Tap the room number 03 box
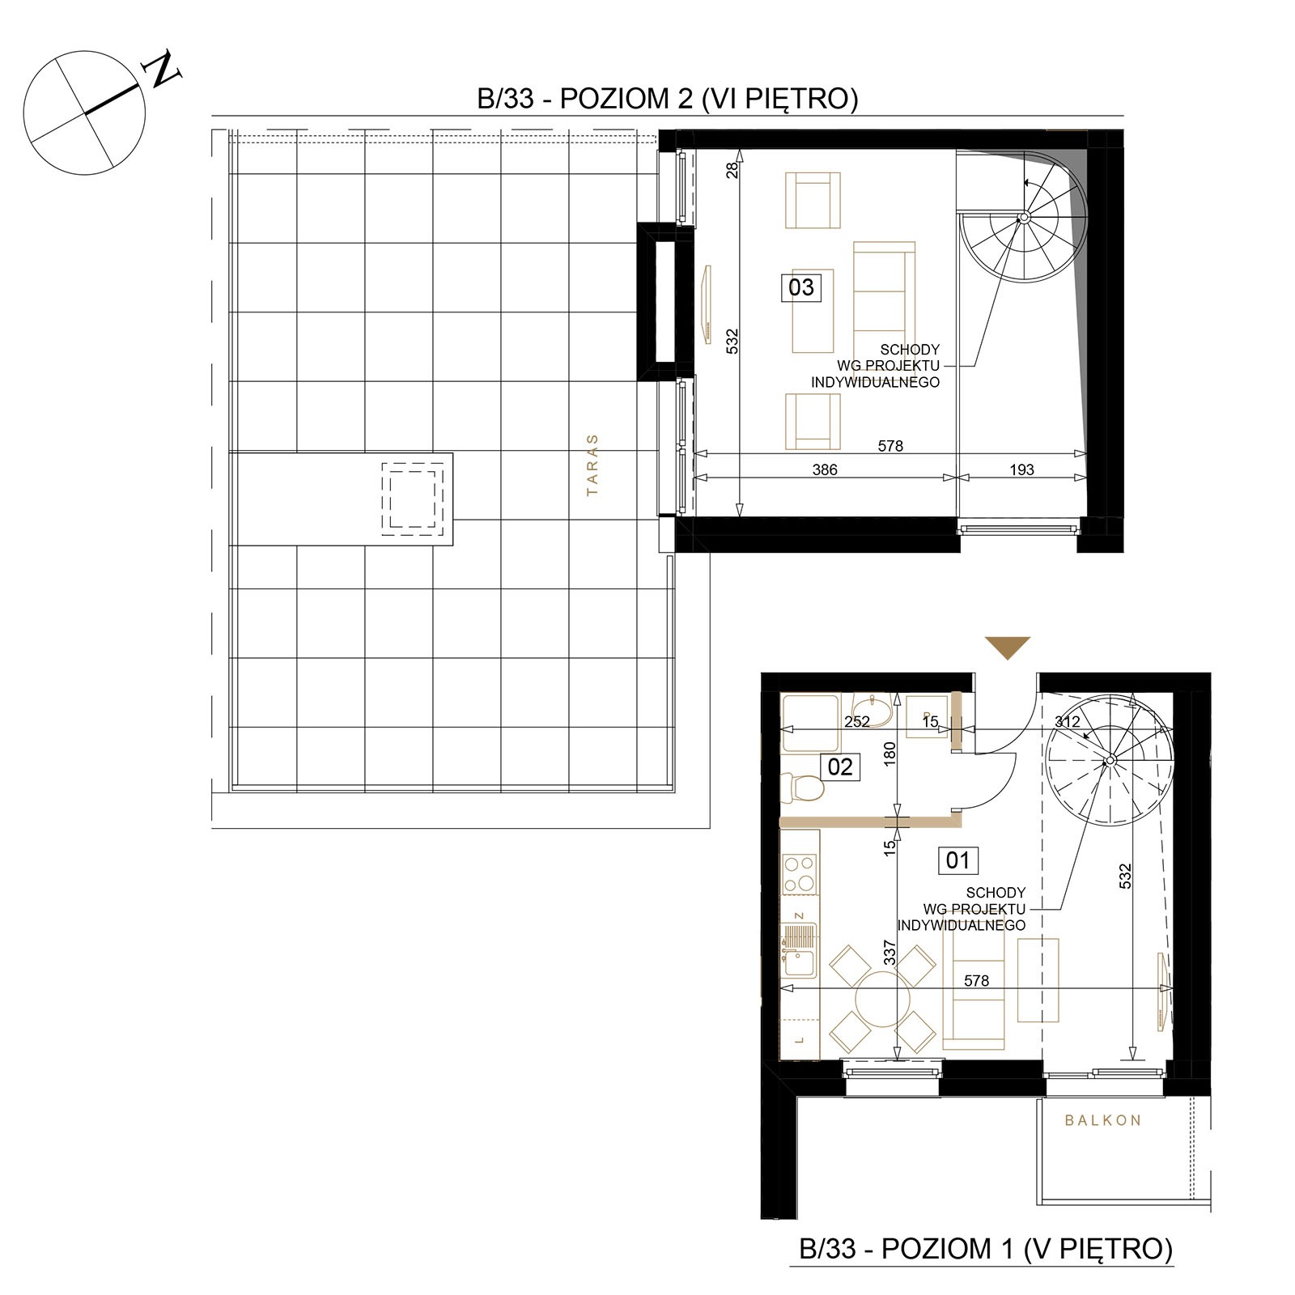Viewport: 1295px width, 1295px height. pos(800,287)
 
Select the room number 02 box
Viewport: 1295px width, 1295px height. pos(840,766)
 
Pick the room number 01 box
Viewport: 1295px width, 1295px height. pos(957,860)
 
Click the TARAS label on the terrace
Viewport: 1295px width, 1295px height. pos(592,465)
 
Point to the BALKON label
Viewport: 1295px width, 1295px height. pos(1102,1120)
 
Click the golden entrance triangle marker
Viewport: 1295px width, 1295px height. pos(1008,647)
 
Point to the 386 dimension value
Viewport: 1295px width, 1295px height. pos(824,469)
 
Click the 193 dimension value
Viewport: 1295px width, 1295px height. pos(1021,469)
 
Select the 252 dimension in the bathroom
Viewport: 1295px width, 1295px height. pos(856,721)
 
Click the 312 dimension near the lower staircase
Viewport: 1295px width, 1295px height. pos(1068,721)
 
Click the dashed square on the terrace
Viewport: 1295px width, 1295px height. pos(413,499)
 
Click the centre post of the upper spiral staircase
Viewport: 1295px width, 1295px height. pos(1024,217)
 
